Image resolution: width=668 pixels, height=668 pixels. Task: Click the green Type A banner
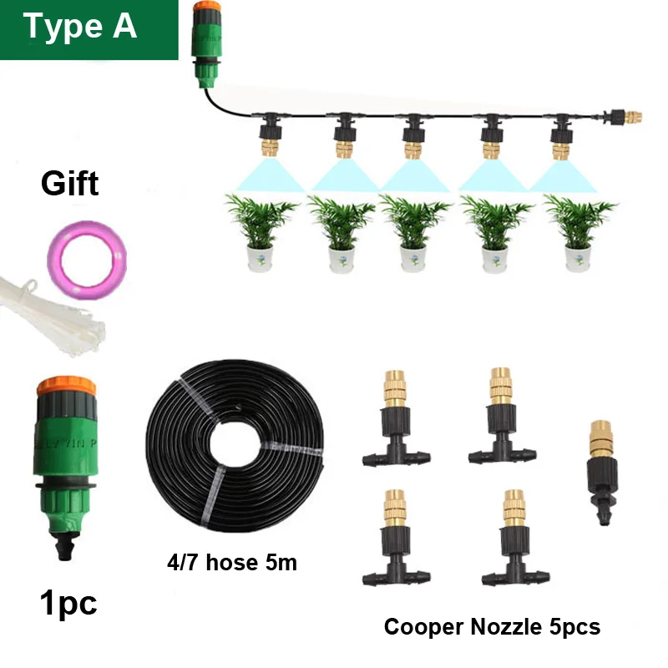pyautogui.click(x=89, y=30)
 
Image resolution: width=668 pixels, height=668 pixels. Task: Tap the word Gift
pyautogui.click(x=70, y=184)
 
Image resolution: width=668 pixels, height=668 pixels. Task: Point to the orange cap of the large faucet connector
pyautogui.click(x=67, y=386)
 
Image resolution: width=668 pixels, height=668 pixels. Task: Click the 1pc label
pyautogui.click(x=68, y=603)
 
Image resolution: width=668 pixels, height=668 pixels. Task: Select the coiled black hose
pyautogui.click(x=235, y=446)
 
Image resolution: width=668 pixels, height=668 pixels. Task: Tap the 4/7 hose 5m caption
pyautogui.click(x=232, y=562)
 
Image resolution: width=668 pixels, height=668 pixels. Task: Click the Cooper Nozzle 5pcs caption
pyautogui.click(x=492, y=627)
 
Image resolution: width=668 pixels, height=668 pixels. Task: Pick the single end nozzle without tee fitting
pyautogui.click(x=602, y=472)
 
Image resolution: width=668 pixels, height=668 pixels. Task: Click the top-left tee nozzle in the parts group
pyautogui.click(x=396, y=418)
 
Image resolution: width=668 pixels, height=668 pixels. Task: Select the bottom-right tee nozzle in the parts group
pyautogui.click(x=515, y=539)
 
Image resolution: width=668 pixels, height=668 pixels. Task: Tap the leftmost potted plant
pyautogui.click(x=261, y=233)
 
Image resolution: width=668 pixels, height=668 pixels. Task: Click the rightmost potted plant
pyautogui.click(x=579, y=233)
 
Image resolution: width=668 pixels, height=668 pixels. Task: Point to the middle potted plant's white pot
pyautogui.click(x=412, y=259)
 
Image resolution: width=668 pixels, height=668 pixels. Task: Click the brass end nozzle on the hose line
pyautogui.click(x=633, y=118)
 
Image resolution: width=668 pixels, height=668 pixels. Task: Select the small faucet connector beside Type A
pyautogui.click(x=207, y=44)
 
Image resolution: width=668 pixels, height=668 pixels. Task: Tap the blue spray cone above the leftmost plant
pyautogui.click(x=269, y=175)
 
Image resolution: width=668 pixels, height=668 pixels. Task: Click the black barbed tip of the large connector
pyautogui.click(x=65, y=548)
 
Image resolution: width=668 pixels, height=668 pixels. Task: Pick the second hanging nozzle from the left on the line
pyautogui.click(x=343, y=135)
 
